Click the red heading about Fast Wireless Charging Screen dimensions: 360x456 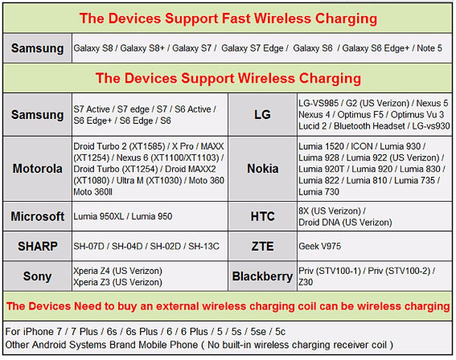coord(228,18)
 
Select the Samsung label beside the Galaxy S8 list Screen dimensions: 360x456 coord(38,49)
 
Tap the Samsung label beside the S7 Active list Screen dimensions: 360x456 coord(38,115)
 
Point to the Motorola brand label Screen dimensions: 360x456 coord(38,170)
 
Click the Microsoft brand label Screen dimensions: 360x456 coord(38,216)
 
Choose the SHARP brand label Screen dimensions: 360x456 coord(38,246)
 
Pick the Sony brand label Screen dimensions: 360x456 coord(38,276)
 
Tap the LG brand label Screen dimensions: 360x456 coord(262,115)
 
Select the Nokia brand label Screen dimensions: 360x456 coord(262,170)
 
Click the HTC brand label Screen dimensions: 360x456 coord(262,216)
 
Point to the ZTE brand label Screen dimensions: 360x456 coord(262,246)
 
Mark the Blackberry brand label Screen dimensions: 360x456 coord(262,276)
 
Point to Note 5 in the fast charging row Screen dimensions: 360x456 coord(429,49)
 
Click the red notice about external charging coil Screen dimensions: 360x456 coord(228,306)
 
